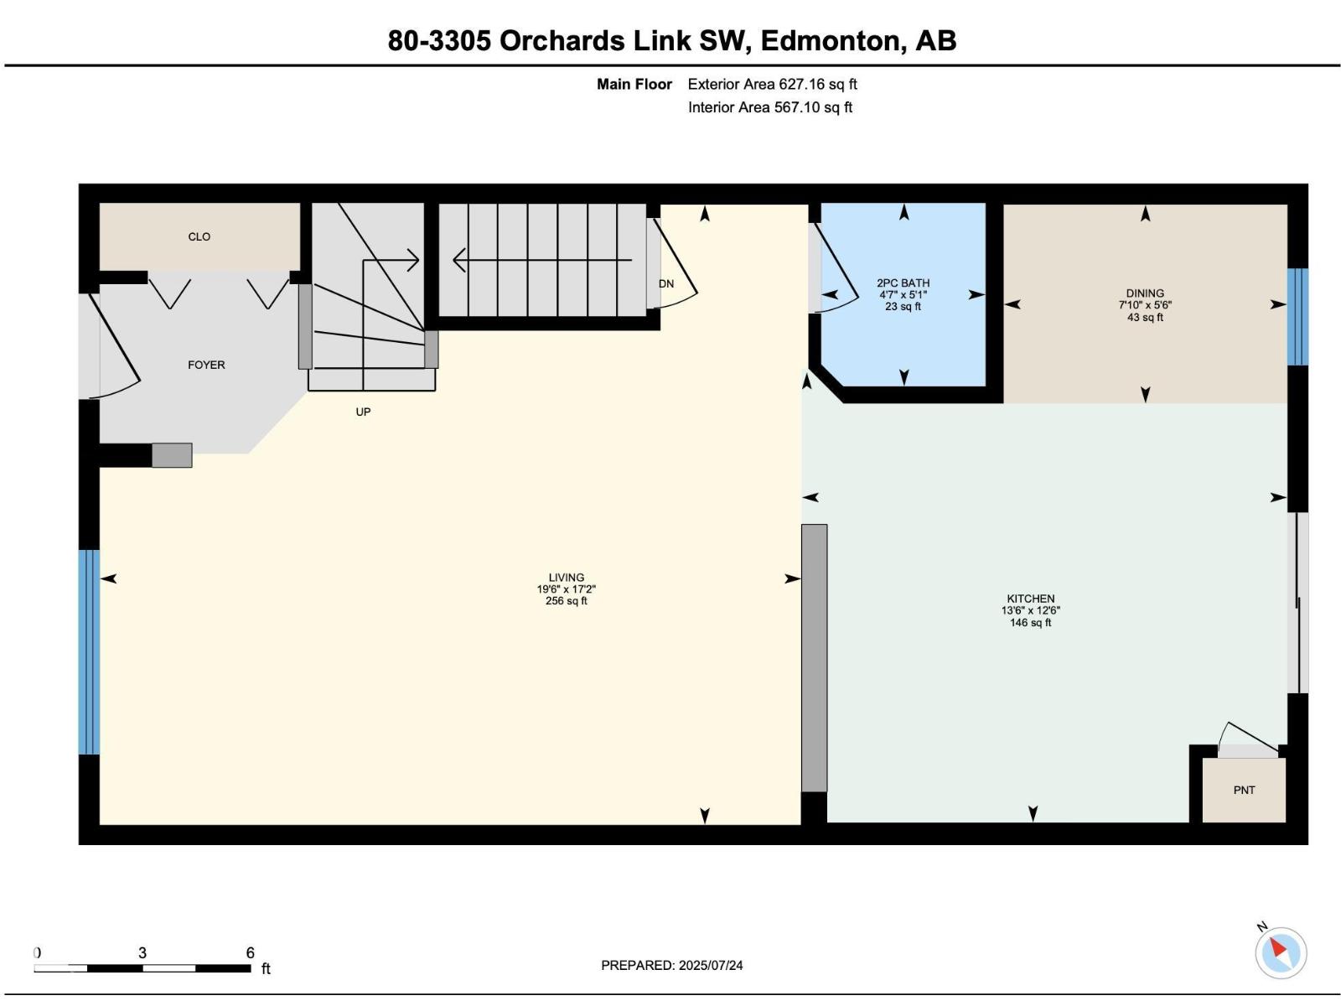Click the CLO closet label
199,236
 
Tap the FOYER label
206,365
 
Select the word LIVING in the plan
567,578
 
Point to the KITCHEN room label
1031,599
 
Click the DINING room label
1145,293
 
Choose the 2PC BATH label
903,283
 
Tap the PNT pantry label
1244,790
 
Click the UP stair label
363,412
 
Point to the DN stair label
666,283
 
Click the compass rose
1281,952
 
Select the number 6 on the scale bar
250,952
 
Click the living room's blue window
89,652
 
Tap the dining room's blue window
1297,317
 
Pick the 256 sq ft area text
567,601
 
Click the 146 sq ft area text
1031,622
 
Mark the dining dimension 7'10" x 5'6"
1145,305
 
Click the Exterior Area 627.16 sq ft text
772,85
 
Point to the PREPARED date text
672,965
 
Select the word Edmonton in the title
830,41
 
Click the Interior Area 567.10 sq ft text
769,107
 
